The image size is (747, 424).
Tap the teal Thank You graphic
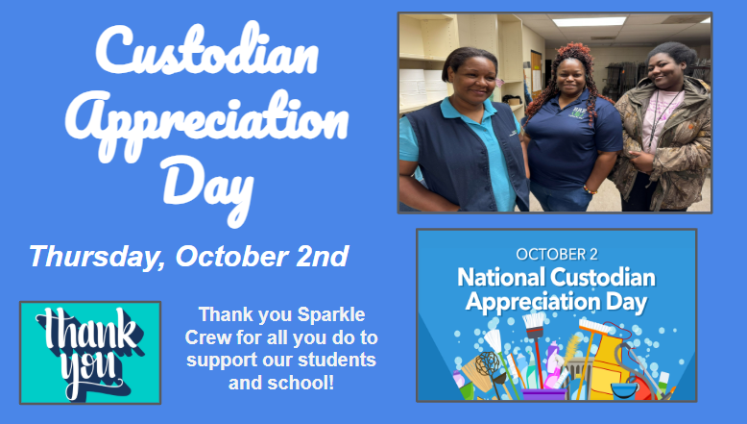(x=90, y=352)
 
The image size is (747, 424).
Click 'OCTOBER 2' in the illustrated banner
(x=557, y=255)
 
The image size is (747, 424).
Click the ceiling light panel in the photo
(x=588, y=21)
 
